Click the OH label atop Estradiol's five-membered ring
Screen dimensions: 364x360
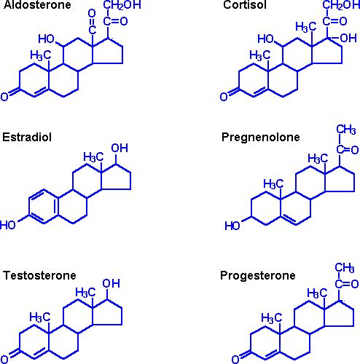pos(119,148)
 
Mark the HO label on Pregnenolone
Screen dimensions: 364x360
pos(232,226)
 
